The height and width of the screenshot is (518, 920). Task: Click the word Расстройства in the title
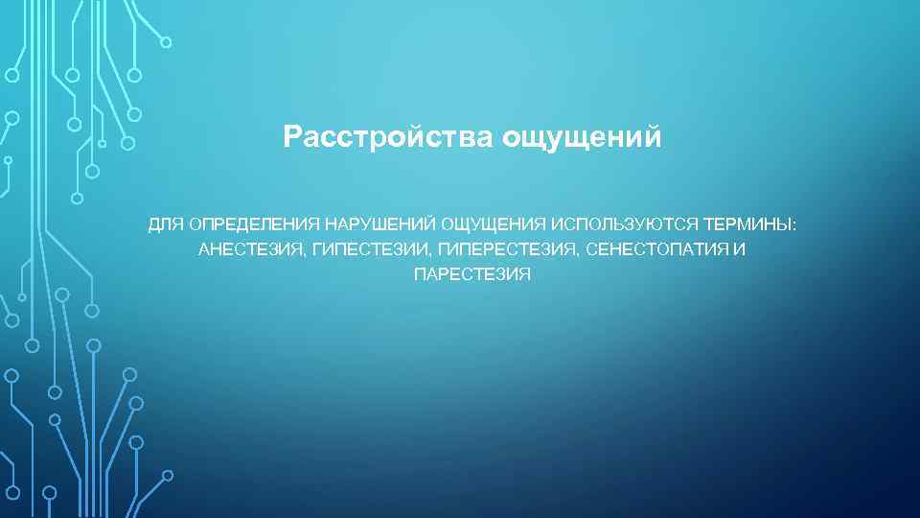388,138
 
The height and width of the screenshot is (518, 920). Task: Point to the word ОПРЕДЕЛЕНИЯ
254,224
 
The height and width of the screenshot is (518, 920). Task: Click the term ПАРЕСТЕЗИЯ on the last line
471,275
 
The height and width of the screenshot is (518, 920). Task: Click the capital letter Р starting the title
292,138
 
